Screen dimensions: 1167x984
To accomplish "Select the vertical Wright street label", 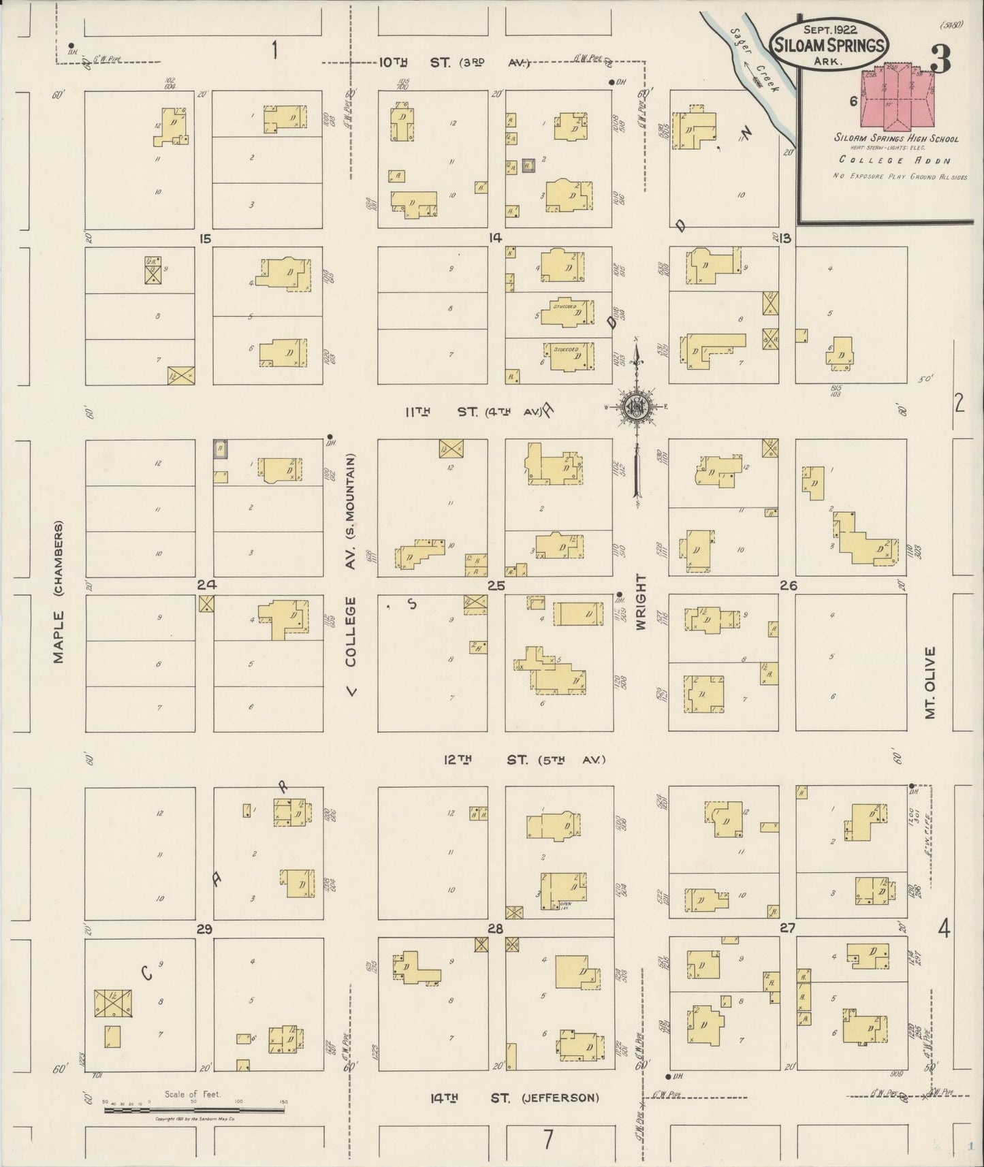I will [641, 601].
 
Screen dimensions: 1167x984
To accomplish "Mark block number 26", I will [789, 586].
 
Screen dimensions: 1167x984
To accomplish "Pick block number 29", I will [204, 929].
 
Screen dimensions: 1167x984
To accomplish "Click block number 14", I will [494, 238].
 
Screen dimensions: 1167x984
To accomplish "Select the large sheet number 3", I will [940, 60].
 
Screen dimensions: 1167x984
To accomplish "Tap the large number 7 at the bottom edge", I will [548, 1138].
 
